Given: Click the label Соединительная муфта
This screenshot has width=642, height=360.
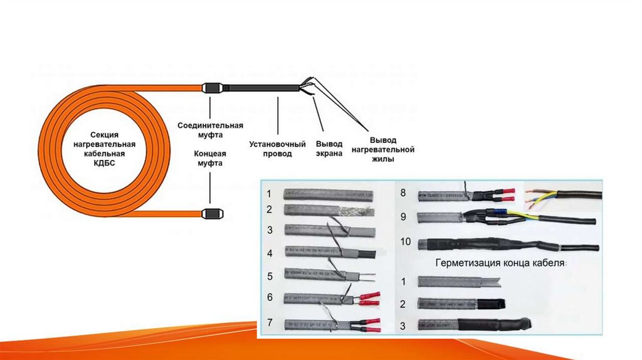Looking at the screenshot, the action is (x=201, y=130).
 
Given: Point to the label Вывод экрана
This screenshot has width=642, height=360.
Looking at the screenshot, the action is (x=329, y=149).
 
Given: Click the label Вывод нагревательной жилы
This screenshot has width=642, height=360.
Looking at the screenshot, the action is (x=391, y=150).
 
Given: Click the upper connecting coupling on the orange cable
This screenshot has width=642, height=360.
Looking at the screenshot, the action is (x=212, y=88).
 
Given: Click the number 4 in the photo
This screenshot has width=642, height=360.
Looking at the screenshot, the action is (x=269, y=253).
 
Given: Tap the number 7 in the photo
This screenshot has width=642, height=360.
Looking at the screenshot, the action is (x=269, y=323).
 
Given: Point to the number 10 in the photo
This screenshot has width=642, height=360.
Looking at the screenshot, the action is (x=404, y=241).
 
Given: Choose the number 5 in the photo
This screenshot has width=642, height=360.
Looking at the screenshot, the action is (x=269, y=276).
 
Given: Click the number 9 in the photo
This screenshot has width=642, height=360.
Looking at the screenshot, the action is (x=403, y=217).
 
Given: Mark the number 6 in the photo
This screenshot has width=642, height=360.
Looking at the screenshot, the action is (x=269, y=298).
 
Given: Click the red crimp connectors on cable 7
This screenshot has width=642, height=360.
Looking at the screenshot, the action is (x=371, y=324).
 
